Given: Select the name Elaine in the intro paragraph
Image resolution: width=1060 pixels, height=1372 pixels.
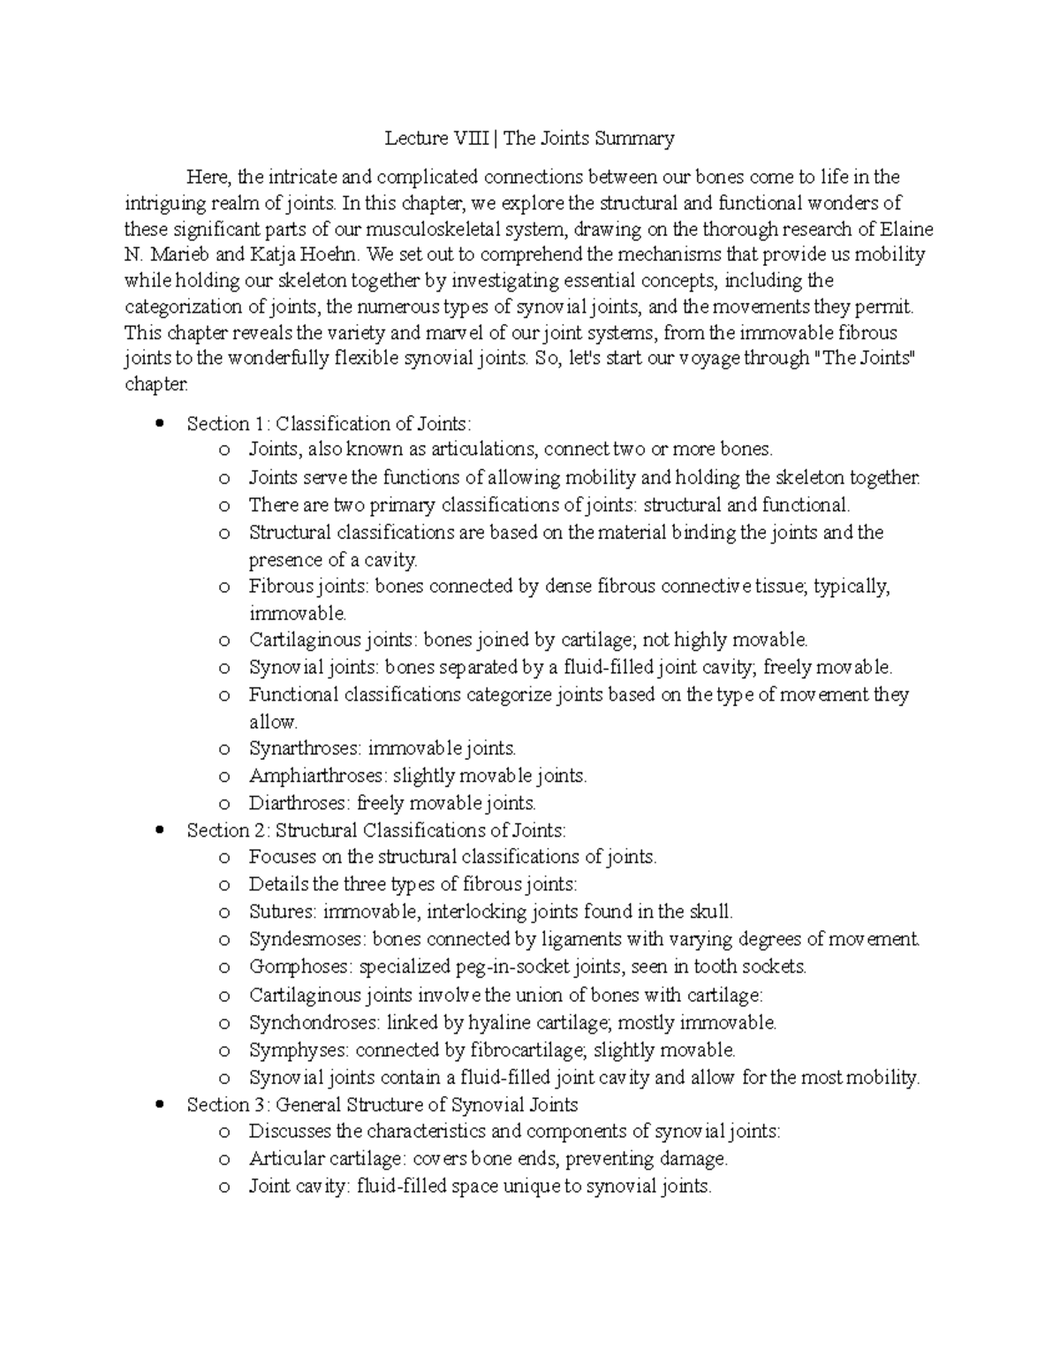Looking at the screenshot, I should tap(907, 230).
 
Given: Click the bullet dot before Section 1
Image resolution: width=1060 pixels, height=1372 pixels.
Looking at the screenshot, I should tap(159, 423).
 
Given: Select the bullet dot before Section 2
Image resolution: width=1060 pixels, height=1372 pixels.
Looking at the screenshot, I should tap(159, 830).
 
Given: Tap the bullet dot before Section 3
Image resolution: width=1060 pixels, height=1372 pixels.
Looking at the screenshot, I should tap(159, 1104).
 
